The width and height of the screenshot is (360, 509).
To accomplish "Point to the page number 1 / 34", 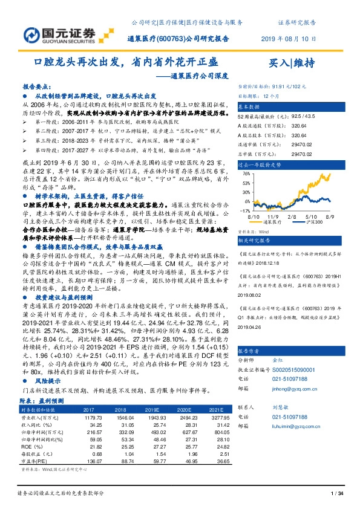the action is click(338, 494).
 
